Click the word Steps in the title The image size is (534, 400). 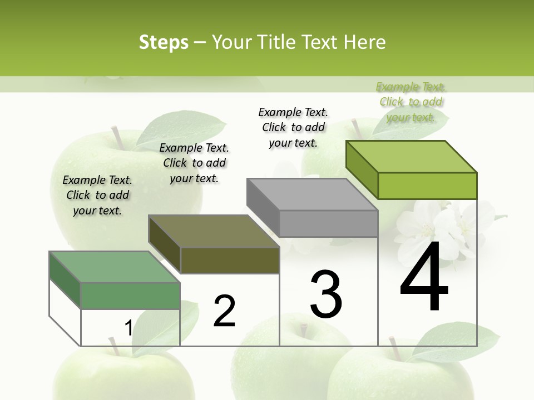164,42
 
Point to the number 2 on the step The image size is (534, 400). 224,311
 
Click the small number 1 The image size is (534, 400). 128,328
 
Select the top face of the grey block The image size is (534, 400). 311,194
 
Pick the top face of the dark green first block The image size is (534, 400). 114,267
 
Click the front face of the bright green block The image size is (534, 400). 427,186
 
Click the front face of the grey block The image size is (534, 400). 328,223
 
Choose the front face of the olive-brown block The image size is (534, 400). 230,260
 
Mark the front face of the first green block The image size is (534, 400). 130,296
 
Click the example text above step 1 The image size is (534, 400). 97,195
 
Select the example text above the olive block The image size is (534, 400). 194,163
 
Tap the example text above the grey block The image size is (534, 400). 293,127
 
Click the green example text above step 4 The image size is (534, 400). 411,102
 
